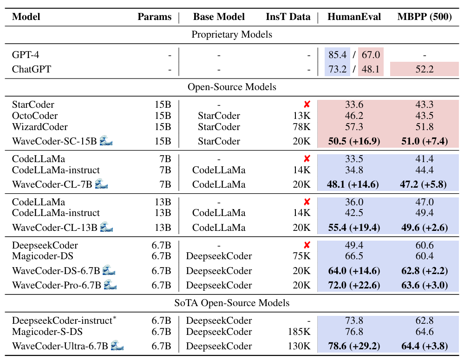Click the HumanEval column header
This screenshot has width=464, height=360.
354,17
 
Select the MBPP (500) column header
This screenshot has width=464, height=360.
425,17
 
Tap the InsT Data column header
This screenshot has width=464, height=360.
288,17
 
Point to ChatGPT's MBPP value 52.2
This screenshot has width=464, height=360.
425,69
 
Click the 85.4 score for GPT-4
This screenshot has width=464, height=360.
337,55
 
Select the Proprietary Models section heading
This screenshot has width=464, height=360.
232,34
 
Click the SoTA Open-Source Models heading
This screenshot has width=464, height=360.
232,303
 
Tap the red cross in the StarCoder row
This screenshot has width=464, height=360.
307,105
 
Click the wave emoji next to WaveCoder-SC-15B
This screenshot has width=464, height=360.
106,141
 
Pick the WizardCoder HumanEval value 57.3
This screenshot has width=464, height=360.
354,127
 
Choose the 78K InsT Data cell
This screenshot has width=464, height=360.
302,127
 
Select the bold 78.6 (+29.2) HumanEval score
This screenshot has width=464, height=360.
354,346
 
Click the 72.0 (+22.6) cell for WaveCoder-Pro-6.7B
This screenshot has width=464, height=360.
354,285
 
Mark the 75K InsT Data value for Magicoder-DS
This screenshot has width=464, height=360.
302,256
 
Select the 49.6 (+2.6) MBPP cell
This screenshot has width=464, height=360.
425,227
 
